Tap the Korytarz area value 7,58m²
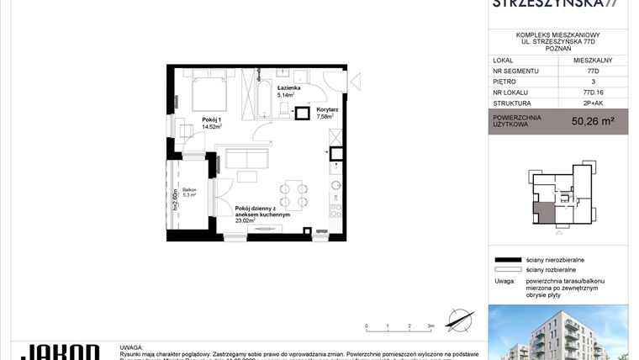(326, 117)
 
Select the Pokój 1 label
(212, 120)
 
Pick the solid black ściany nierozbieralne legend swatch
(507, 261)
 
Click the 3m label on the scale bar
(430, 325)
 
